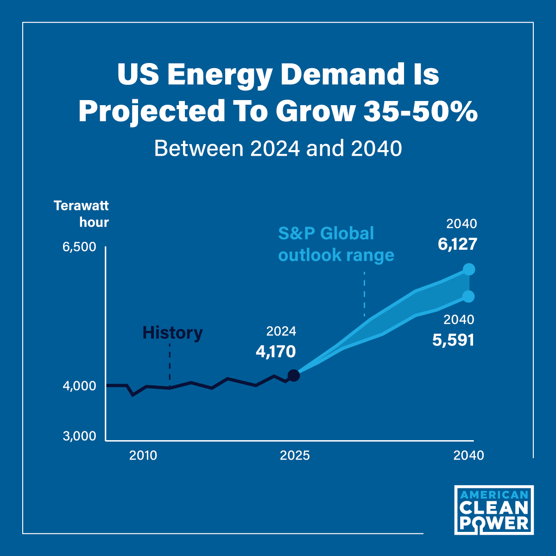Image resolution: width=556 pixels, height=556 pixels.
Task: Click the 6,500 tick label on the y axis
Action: point(79,247)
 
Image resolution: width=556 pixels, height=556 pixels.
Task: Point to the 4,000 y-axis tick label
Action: point(79,386)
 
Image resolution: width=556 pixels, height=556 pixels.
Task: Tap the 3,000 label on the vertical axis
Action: point(79,436)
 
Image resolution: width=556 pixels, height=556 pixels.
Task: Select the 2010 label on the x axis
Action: point(143,455)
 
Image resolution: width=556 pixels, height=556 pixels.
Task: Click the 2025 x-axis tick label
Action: point(295,455)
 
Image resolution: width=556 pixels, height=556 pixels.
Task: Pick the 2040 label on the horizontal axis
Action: point(468,455)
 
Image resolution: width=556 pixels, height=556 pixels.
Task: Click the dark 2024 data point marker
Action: point(294,375)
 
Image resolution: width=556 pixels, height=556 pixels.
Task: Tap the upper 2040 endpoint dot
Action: point(469,270)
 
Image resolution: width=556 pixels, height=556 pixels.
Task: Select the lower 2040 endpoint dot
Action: point(469,297)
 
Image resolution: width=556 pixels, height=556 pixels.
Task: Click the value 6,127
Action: point(457,244)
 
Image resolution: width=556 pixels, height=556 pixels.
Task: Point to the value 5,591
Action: point(453,340)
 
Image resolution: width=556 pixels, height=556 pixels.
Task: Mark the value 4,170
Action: point(276,352)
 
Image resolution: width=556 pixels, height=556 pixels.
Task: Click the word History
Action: point(172,333)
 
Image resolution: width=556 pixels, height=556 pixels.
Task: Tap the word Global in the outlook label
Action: point(347,233)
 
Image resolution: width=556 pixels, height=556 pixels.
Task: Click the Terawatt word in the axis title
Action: point(82,206)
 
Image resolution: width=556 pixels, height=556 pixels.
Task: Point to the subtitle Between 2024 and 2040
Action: point(278,149)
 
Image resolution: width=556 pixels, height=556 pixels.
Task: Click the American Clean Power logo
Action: point(493,510)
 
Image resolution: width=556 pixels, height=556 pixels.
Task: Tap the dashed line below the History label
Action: point(170,365)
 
